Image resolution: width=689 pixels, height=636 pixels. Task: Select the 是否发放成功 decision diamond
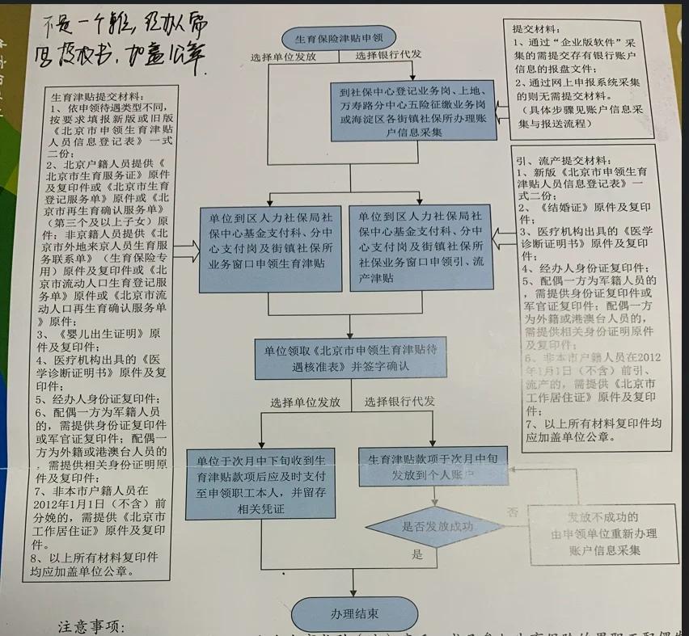(437, 526)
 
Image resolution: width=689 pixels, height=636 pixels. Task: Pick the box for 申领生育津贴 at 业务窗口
(270, 250)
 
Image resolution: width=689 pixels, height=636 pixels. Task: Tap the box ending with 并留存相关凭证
(260, 483)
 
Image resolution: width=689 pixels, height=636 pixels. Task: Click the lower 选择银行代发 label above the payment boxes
(399, 402)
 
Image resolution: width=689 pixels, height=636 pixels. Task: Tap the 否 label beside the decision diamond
(511, 512)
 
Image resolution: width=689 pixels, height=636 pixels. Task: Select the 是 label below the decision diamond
(418, 555)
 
